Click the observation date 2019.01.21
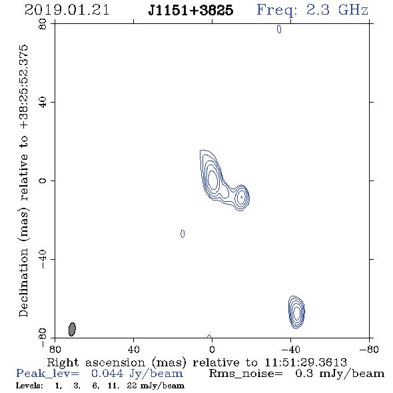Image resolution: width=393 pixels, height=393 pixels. tap(67, 10)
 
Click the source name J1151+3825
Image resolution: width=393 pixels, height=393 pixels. tap(191, 10)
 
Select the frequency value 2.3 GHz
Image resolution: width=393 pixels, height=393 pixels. tap(337, 10)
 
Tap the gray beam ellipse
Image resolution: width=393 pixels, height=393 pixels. tap(72, 329)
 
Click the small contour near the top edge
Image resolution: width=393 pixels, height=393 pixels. tap(279, 29)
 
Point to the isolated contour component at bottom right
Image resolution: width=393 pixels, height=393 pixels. tap(296, 312)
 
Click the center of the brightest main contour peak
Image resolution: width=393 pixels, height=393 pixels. tap(212, 180)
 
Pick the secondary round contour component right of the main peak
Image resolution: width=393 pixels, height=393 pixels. tap(241, 197)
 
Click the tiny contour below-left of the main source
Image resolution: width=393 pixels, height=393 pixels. tap(183, 234)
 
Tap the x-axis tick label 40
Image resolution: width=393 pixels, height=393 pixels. tap(133, 350)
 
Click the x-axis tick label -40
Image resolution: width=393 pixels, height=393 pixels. tap(290, 350)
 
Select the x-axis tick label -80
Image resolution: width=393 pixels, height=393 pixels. tap(369, 350)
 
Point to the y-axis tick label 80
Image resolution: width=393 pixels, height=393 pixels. tap(43, 24)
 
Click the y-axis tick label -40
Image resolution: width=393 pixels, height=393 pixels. tap(43, 259)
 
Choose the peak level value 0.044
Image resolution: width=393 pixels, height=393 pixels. tap(107, 374)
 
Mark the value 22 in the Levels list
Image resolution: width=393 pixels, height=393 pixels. tap(132, 385)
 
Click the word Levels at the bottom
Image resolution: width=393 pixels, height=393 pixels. tap(29, 385)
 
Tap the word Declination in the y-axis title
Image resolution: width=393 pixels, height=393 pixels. tap(23, 282)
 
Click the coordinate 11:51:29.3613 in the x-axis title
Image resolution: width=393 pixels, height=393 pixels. tap(306, 362)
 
